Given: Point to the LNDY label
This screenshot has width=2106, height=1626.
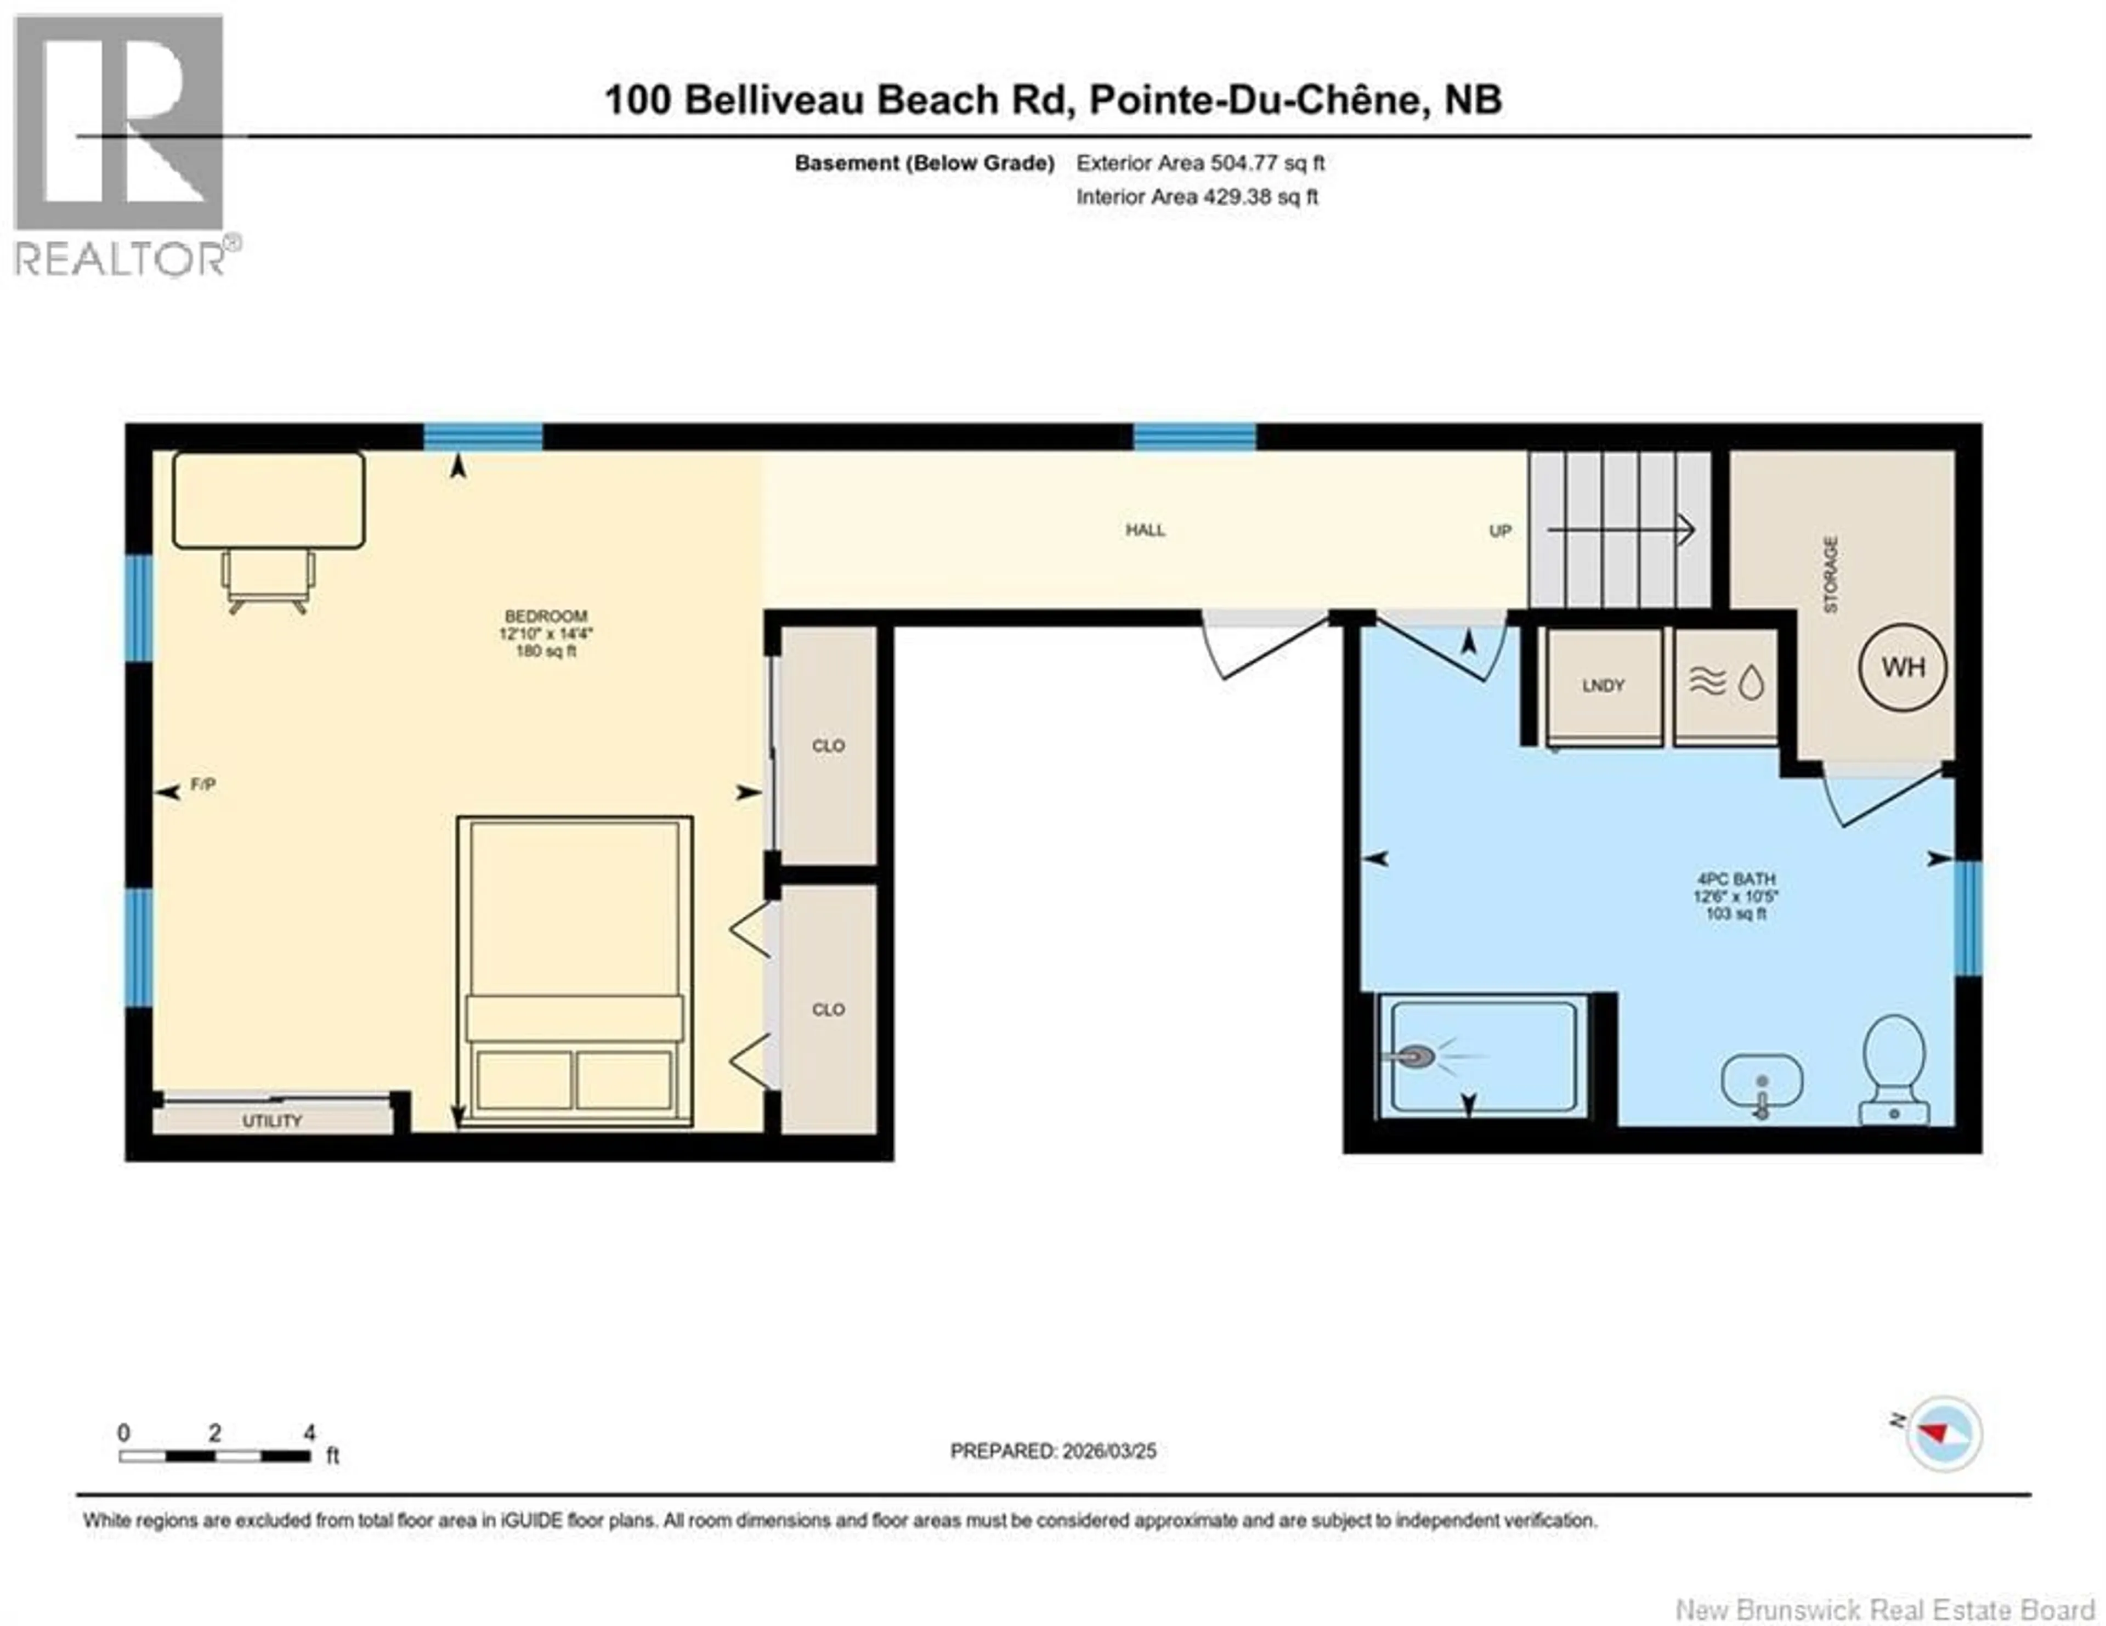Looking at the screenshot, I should pos(1603,686).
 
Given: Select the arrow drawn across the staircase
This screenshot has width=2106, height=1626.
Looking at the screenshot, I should pos(1620,529).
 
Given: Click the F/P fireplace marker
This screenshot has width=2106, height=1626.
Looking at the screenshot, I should pos(202,785).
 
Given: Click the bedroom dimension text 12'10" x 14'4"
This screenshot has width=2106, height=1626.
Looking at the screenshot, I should pos(546,634).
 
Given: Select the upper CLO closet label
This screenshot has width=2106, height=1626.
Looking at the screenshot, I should pos(828,746).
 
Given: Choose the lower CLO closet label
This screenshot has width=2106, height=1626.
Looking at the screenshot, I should pos(828,1010).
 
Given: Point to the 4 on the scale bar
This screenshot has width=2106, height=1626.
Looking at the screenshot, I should pos(309,1433).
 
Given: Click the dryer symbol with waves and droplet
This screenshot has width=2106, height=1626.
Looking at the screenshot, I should pos(1725,683).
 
